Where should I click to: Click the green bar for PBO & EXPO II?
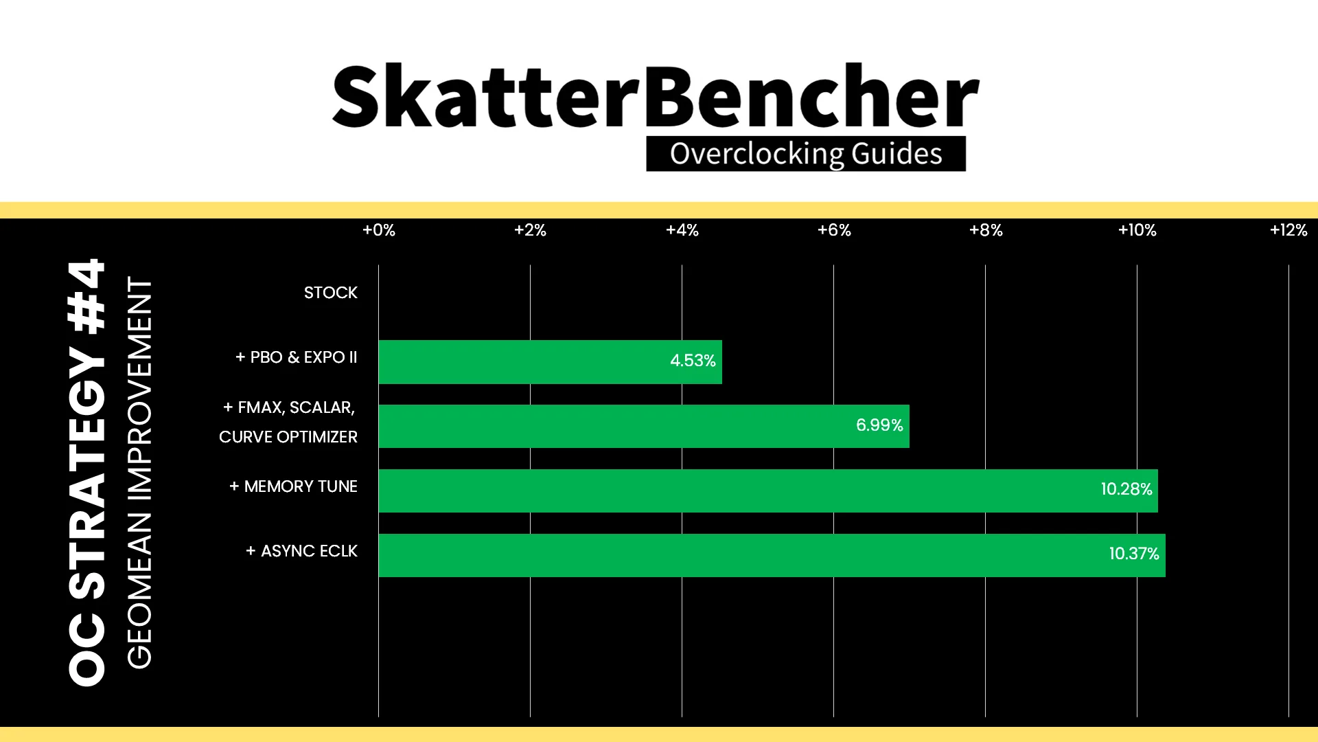tap(550, 362)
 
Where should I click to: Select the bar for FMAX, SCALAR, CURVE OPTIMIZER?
tap(644, 426)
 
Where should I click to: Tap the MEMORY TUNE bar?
tap(768, 491)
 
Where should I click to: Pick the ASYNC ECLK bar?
tap(772, 555)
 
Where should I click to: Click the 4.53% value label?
tap(693, 361)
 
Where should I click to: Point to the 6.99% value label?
tap(879, 425)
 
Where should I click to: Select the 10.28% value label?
tap(1126, 489)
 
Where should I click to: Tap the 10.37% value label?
tap(1134, 554)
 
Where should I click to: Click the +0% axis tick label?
tap(379, 230)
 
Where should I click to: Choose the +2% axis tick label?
tap(530, 230)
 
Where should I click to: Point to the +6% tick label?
tap(834, 230)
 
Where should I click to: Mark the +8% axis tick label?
tap(986, 230)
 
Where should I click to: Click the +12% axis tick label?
tap(1288, 230)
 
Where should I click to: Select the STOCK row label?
tap(331, 293)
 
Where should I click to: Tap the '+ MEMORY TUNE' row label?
tap(293, 486)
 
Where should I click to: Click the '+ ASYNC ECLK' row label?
tap(302, 551)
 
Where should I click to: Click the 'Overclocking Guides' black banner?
tap(806, 154)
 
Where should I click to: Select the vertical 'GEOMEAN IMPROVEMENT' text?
tap(139, 473)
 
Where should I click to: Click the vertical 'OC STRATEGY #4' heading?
tap(87, 472)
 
